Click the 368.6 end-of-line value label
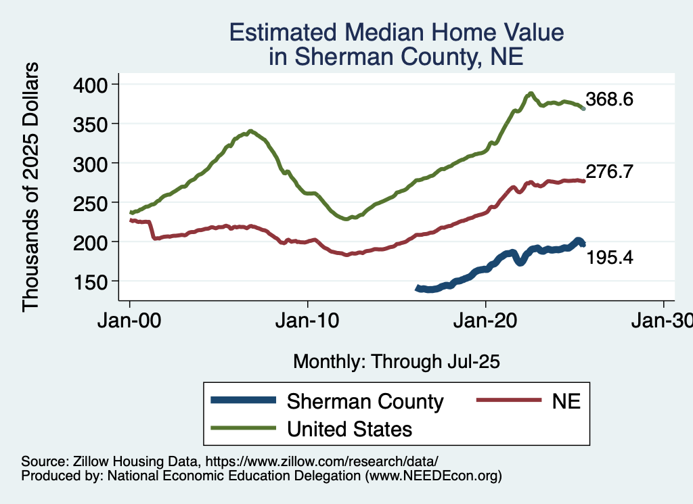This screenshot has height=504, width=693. point(609,100)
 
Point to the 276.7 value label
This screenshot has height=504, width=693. point(609,172)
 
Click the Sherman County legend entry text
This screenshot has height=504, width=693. point(365,401)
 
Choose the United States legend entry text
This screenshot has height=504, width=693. point(350,428)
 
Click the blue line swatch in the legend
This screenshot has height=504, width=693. point(244,400)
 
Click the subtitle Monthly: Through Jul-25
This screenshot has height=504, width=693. point(396,362)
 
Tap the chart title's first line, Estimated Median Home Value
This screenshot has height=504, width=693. point(396,32)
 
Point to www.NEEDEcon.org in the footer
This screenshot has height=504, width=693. point(433,476)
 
